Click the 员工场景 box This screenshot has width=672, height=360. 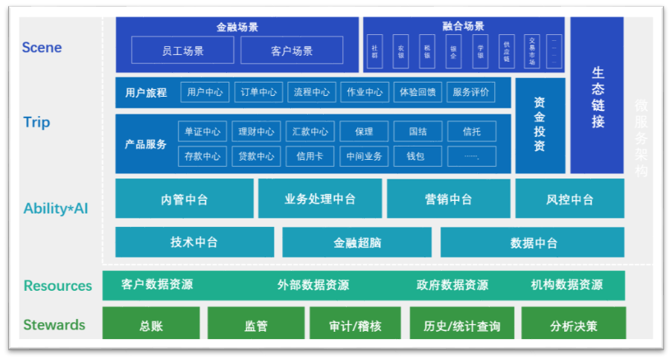(x=182, y=51)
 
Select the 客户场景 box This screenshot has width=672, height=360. (x=292, y=51)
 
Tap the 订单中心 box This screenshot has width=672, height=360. (x=258, y=92)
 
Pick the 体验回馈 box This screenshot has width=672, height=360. (x=417, y=92)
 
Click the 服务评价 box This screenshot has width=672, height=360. (x=470, y=92)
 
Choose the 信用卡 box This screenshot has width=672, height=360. (x=310, y=156)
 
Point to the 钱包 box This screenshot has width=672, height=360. (x=417, y=156)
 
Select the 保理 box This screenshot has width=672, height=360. (x=364, y=132)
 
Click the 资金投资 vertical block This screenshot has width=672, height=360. (x=540, y=125)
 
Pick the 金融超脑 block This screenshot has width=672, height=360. (x=356, y=242)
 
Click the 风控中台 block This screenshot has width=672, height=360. (x=569, y=199)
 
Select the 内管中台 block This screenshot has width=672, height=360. (x=184, y=199)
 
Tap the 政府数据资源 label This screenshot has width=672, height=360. (x=452, y=285)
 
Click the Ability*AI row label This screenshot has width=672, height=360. (x=55, y=208)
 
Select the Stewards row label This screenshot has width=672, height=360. (x=54, y=325)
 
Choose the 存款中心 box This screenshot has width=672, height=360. (x=202, y=156)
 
